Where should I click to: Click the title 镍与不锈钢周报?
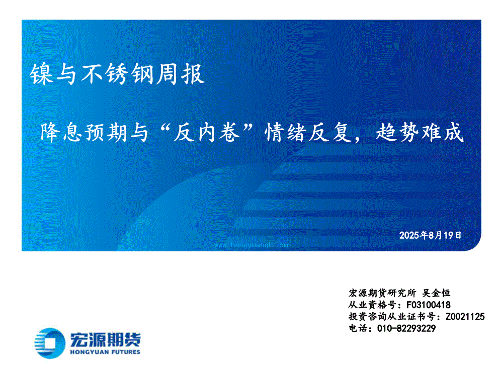117,74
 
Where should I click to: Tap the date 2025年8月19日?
430,235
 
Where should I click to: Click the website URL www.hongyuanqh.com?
252,245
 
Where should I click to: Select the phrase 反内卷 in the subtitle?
207,132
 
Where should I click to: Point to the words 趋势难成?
420,132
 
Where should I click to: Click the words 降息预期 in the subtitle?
83,132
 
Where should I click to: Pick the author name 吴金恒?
436,293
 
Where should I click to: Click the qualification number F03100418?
429,305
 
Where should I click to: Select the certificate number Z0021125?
465,317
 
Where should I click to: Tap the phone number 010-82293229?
406,329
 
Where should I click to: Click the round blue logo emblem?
50,343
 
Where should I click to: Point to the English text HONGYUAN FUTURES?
105,352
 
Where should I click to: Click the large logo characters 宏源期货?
105,339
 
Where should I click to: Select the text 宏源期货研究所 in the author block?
382,293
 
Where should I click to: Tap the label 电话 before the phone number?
358,329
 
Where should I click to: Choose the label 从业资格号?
373,305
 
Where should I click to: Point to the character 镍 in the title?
41,74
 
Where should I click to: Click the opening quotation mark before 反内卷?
164,128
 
